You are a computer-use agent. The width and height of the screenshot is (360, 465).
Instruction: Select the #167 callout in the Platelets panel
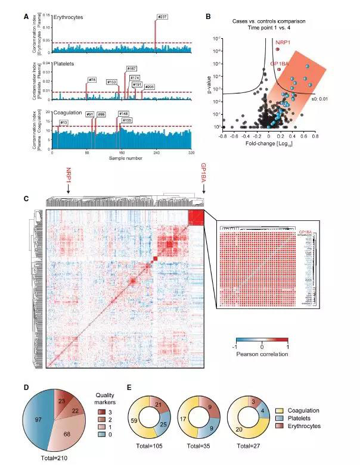pyautogui.click(x=132, y=68)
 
